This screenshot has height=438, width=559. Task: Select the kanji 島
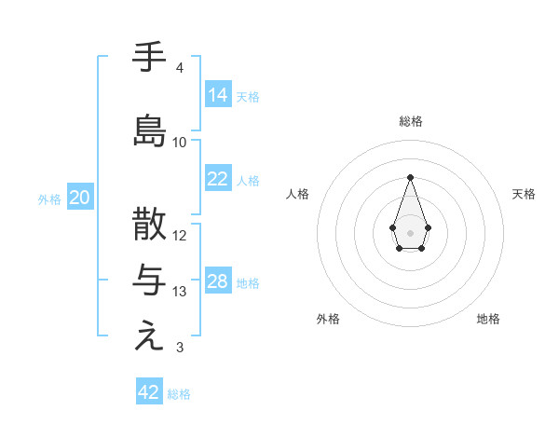[x=150, y=130]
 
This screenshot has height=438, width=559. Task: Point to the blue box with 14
[x=218, y=94]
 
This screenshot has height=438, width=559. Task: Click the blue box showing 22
[x=218, y=179]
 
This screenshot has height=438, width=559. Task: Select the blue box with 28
[x=218, y=281]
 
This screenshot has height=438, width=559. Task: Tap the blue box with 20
[x=80, y=197]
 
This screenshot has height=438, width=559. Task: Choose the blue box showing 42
[x=149, y=392]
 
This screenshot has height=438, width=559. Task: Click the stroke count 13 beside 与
[x=180, y=292]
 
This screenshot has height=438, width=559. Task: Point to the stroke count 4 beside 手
[x=180, y=68]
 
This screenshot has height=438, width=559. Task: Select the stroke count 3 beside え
[x=180, y=348]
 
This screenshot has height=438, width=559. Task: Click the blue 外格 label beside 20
[x=49, y=198]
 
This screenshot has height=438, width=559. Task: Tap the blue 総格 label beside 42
[x=179, y=394]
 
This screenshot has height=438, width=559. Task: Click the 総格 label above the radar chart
[x=410, y=121]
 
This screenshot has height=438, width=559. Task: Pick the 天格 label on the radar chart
[x=525, y=194]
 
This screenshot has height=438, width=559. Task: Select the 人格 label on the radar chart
[x=297, y=194]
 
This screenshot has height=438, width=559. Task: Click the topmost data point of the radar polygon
[x=410, y=177]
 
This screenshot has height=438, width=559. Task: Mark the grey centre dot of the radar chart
[x=410, y=231]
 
